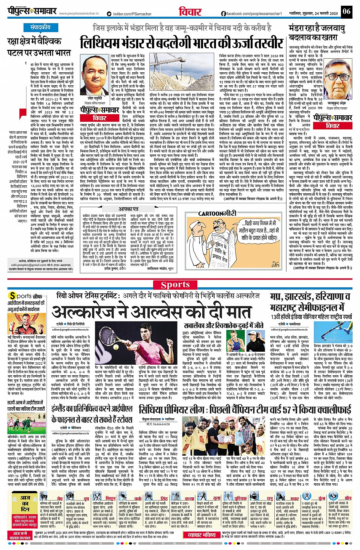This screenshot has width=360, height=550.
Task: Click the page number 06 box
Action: [346, 11]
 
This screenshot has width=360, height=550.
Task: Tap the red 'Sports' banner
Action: [175, 285]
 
